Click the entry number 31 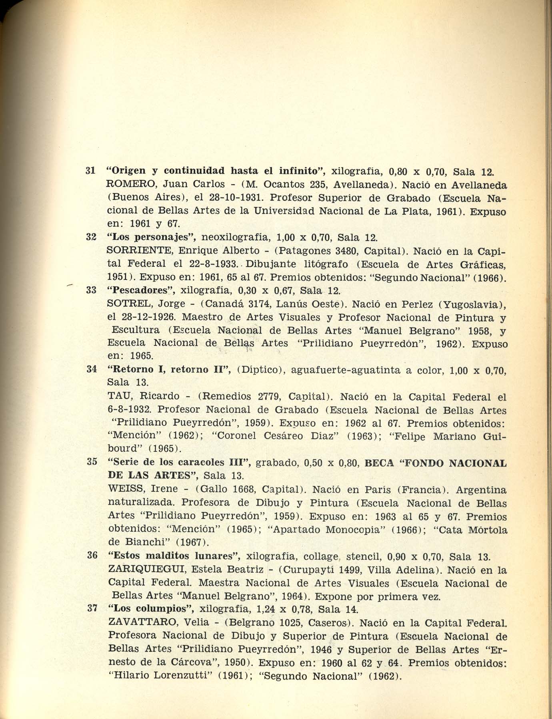click(x=90, y=171)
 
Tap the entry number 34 click(x=91, y=369)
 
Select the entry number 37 click(x=92, y=609)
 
